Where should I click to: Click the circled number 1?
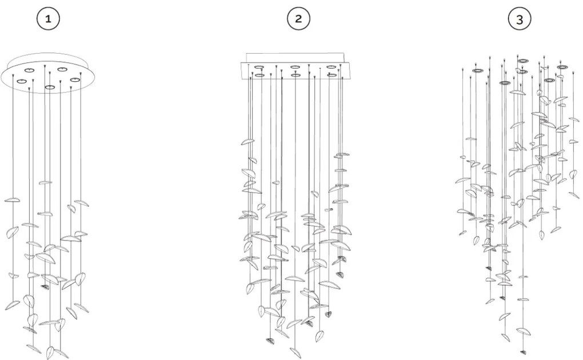(x=48, y=19)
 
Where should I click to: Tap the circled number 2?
(x=298, y=19)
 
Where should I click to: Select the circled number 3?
(x=519, y=19)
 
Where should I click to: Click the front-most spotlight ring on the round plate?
(x=50, y=87)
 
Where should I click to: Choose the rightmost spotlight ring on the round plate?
(x=75, y=79)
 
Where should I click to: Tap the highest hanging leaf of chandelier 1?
(x=46, y=183)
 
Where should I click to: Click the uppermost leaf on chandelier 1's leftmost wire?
(x=12, y=201)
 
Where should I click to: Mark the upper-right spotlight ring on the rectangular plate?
(x=331, y=67)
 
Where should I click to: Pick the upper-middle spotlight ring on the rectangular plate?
(x=295, y=67)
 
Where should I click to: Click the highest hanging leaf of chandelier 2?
(x=247, y=142)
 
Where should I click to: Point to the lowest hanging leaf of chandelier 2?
(x=296, y=352)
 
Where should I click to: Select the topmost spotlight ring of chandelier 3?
(x=522, y=60)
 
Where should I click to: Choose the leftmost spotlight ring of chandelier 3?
(x=478, y=71)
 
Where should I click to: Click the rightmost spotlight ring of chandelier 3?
(x=562, y=67)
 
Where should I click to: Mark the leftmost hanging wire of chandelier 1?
(x=13, y=143)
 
